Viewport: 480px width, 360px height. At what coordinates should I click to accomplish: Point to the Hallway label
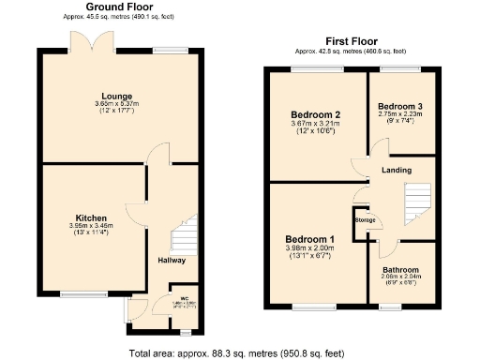coord(172,260)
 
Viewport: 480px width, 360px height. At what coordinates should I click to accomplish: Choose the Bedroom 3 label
coord(400,106)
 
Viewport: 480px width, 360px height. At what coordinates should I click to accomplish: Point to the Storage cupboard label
coord(365,220)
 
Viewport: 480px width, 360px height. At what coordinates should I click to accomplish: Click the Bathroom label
coord(400,270)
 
